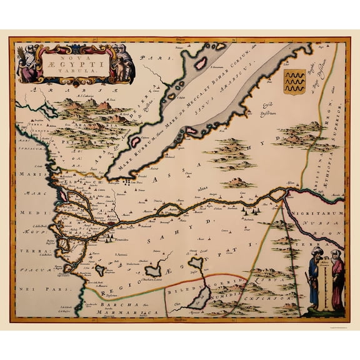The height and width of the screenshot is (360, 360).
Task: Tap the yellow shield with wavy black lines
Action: pyautogui.click(x=294, y=81)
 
